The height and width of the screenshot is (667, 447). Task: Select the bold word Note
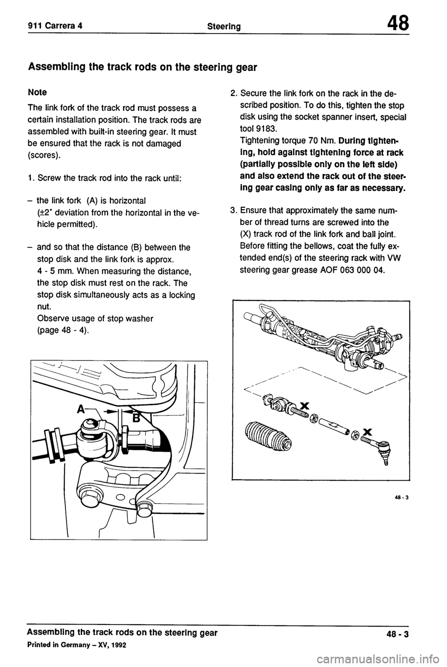[x=38, y=92]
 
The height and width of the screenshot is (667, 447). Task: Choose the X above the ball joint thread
[x=367, y=431]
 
